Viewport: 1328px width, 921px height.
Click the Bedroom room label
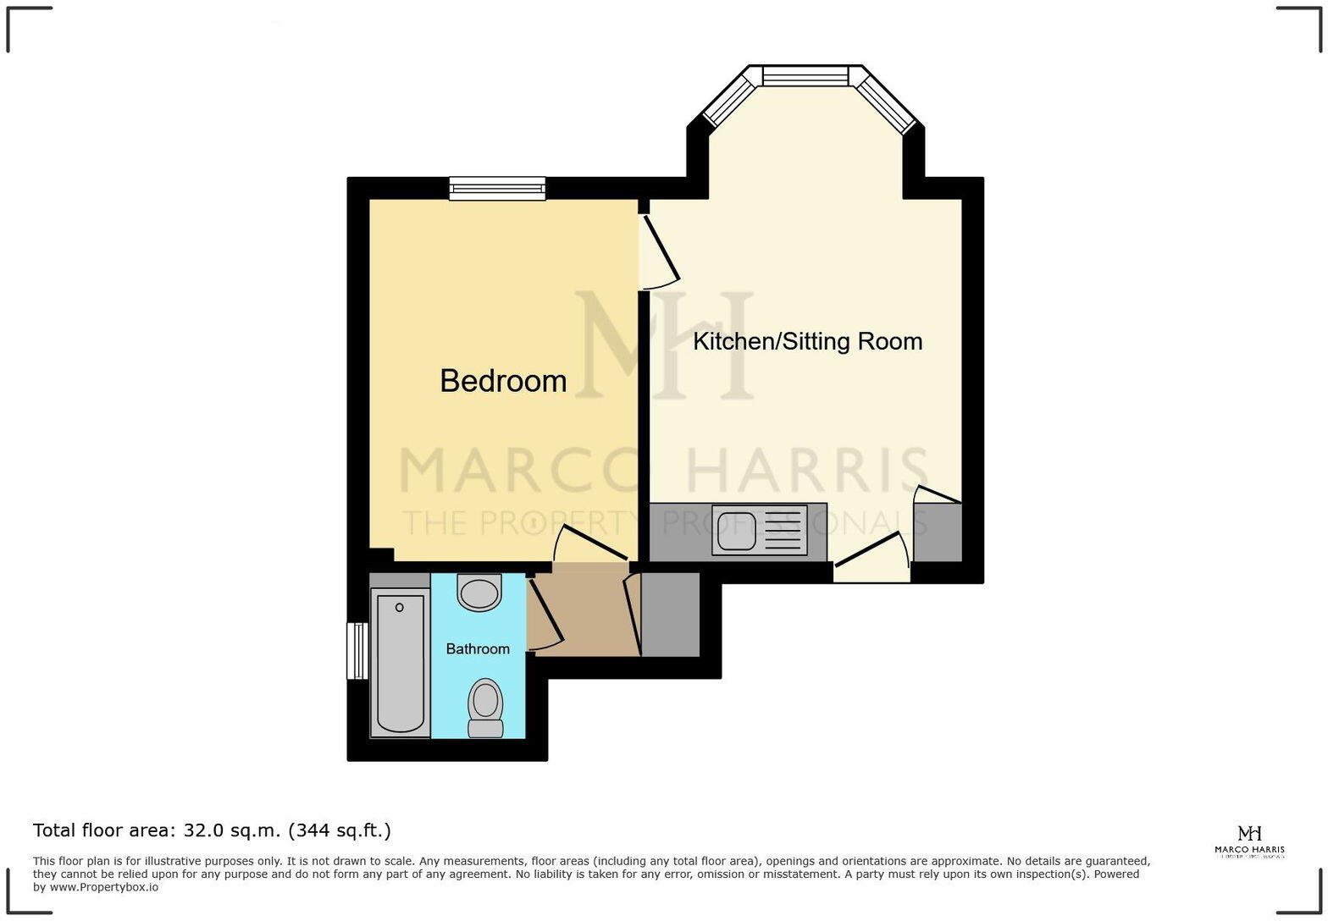(503, 381)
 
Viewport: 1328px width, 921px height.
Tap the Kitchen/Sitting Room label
(807, 341)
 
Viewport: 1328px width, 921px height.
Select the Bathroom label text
(478, 648)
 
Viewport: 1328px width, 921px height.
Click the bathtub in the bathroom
(400, 662)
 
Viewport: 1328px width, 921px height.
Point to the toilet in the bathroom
(485, 707)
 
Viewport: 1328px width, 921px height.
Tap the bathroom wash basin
(479, 591)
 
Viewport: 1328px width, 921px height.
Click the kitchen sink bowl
(735, 531)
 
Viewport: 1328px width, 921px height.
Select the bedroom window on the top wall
(497, 188)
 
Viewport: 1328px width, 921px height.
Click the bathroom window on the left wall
(357, 650)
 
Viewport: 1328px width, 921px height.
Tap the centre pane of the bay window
(805, 76)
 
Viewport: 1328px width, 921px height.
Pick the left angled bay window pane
(729, 101)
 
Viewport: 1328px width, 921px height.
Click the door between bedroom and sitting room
(661, 249)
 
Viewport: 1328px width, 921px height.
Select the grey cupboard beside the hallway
(670, 615)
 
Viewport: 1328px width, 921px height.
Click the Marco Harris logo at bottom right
(1249, 841)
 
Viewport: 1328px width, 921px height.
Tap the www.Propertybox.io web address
(104, 887)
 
